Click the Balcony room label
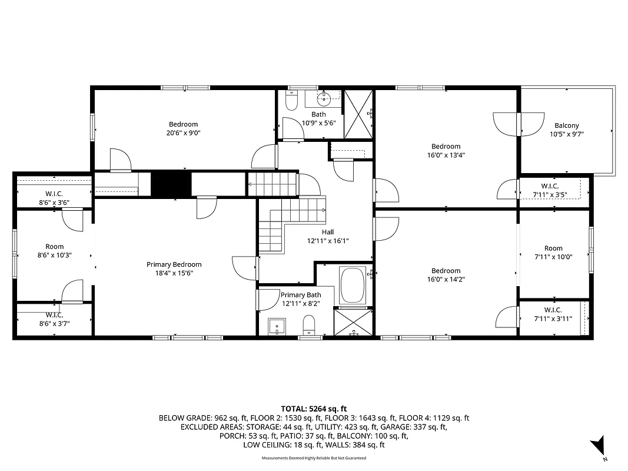567,125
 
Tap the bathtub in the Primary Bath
353,285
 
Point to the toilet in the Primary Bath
309,324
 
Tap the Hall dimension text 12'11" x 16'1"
328,241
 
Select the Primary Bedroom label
174,264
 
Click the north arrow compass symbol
599,445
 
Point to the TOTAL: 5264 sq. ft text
314,408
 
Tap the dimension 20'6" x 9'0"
184,133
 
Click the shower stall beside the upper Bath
358,114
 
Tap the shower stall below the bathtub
353,321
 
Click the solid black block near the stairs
171,184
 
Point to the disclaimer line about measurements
314,457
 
